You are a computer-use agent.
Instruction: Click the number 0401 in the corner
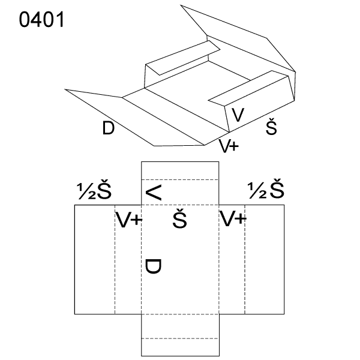point(41,20)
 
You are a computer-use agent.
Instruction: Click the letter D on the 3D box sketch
point(108,128)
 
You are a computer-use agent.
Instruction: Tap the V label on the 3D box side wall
point(238,115)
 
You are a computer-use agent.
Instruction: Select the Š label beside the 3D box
point(271,127)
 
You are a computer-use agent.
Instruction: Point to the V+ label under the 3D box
point(229,146)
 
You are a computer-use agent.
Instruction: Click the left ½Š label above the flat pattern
point(94,191)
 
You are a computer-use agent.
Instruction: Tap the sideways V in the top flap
point(154,193)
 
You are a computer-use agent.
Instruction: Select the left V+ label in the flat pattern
point(128,220)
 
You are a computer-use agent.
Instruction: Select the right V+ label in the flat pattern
point(233,218)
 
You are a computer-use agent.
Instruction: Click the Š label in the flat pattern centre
point(180,218)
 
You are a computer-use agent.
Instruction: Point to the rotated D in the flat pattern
point(153,266)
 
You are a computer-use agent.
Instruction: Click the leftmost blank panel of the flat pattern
point(95,259)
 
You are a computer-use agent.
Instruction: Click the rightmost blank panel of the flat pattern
point(265,259)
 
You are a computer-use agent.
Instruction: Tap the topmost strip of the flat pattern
point(180,170)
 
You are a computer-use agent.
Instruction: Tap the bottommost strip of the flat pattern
point(180,347)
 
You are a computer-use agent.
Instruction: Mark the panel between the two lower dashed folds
point(180,326)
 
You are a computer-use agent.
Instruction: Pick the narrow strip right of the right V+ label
point(265,259)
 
